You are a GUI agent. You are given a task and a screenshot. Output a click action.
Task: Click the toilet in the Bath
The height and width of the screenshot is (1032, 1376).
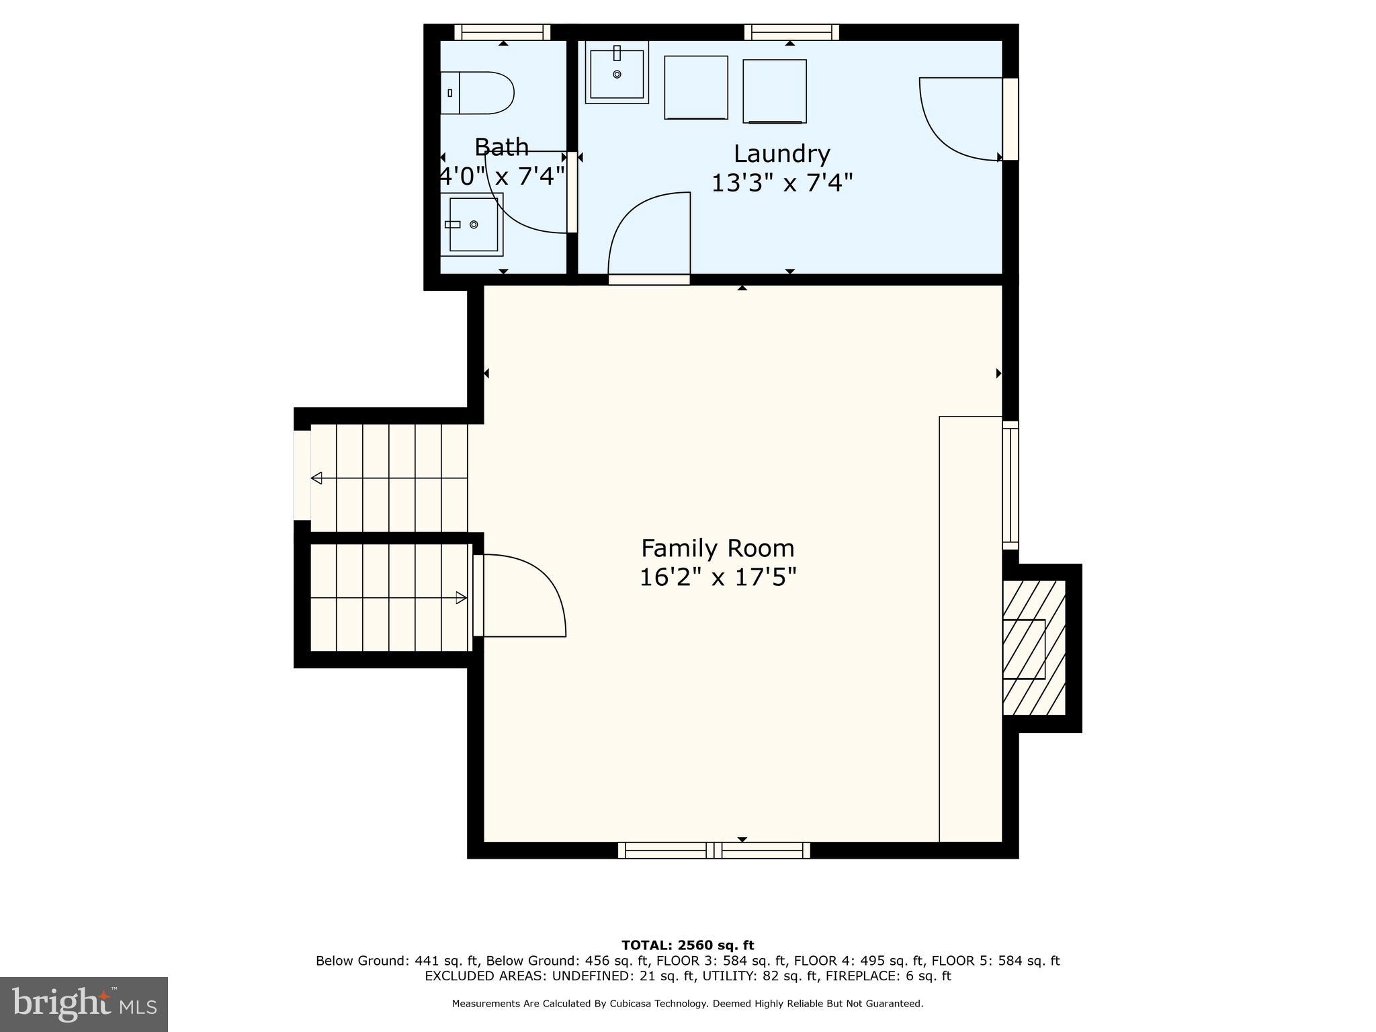pyautogui.click(x=478, y=93)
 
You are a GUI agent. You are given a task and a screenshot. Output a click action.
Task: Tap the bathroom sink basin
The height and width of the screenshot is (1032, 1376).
pyautogui.click(x=473, y=224)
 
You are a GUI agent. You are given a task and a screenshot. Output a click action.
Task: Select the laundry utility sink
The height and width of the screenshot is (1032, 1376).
pyautogui.click(x=617, y=72)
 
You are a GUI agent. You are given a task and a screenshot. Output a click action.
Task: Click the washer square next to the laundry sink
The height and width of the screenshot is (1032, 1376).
pyautogui.click(x=696, y=88)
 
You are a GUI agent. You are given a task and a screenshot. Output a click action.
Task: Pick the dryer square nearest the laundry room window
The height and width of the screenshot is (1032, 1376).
pyautogui.click(x=775, y=91)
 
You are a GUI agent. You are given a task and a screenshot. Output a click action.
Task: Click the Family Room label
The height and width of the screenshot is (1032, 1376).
pyautogui.click(x=718, y=548)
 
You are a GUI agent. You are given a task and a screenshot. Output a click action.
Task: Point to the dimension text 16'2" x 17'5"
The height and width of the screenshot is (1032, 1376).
pyautogui.click(x=718, y=577)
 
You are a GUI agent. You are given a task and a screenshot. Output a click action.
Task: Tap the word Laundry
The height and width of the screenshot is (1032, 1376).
pyautogui.click(x=781, y=154)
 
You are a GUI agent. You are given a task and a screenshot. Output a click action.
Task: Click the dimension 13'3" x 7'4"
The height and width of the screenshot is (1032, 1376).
pyautogui.click(x=781, y=183)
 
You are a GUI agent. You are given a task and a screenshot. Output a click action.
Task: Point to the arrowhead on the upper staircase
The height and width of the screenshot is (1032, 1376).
pyautogui.click(x=316, y=478)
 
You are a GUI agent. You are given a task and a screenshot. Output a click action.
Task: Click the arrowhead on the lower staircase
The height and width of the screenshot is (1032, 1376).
pyautogui.click(x=462, y=597)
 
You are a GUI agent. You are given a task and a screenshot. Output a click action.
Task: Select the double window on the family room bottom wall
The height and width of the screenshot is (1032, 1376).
pyautogui.click(x=714, y=851)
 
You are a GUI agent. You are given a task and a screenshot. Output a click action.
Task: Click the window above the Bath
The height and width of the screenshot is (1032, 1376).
pyautogui.click(x=503, y=32)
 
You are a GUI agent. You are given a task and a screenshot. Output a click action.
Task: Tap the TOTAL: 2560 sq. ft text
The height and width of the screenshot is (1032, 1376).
pyautogui.click(x=687, y=945)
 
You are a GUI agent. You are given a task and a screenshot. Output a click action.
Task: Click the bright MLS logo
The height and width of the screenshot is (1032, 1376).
pyautogui.click(x=84, y=1004)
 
